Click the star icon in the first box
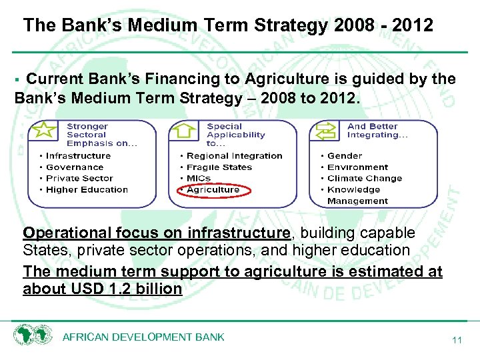[45, 131]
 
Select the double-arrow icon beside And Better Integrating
[327, 131]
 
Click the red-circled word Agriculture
[213, 190]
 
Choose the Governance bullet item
[75, 167]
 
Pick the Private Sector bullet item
[79, 179]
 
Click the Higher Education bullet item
[87, 190]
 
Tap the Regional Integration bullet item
[234, 156]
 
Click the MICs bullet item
[199, 179]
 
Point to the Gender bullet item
[345, 156]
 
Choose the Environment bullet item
[357, 167]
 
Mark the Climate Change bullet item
[365, 179]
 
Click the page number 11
[457, 340]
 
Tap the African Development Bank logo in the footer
[33, 335]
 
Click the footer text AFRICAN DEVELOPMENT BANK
[143, 337]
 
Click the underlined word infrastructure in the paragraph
[239, 233]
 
